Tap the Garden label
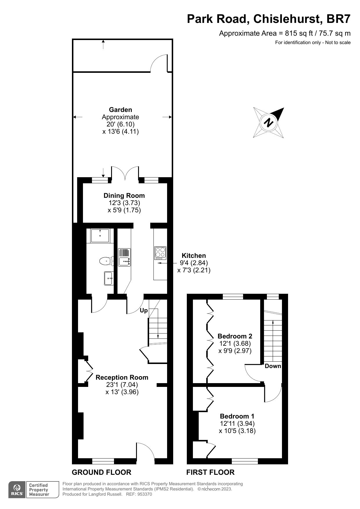click(120, 110)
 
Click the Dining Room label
click(124, 195)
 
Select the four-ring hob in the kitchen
click(160, 253)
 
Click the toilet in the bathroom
click(106, 261)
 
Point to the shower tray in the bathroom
click(100, 236)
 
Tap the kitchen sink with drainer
click(124, 257)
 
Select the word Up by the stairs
click(144, 310)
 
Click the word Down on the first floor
click(273, 366)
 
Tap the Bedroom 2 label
click(235, 336)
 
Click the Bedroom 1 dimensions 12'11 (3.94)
click(237, 423)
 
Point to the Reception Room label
click(122, 377)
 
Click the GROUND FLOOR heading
click(102, 472)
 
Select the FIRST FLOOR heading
click(210, 472)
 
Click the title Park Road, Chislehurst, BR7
click(269, 19)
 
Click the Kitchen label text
click(193, 256)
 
